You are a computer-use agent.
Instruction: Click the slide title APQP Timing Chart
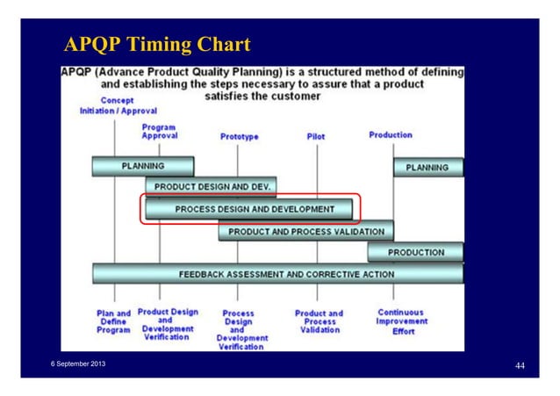(156, 44)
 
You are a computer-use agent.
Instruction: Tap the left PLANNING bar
(142, 166)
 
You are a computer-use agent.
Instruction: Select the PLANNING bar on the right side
(427, 167)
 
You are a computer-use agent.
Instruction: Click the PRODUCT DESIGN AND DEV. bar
(212, 187)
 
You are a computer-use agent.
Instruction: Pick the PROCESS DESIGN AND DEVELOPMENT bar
(249, 209)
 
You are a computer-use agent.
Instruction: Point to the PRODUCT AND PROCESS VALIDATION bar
(305, 232)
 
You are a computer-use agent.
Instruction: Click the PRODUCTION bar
(415, 253)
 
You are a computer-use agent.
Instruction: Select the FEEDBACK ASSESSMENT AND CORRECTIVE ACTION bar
(277, 274)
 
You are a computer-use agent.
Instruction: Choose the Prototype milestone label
(239, 137)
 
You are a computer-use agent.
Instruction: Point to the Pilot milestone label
(315, 137)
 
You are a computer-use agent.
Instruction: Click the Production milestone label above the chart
(391, 135)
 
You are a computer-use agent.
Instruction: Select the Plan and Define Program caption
(113, 321)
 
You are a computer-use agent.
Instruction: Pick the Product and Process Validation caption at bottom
(319, 321)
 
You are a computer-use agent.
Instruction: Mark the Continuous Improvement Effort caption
(400, 321)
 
